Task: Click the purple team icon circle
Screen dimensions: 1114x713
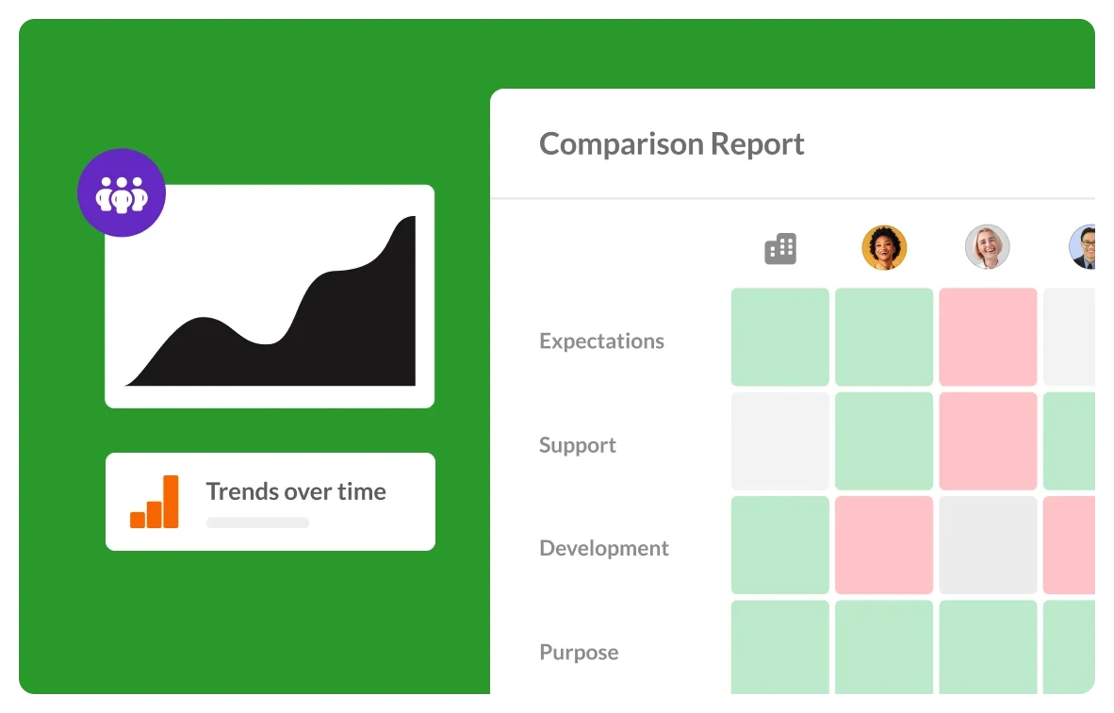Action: [x=122, y=192]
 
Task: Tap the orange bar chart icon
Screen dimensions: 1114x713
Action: [x=155, y=502]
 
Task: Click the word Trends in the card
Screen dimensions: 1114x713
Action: [x=238, y=491]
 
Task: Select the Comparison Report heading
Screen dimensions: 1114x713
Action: [x=671, y=143]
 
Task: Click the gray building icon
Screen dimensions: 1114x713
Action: [x=780, y=249]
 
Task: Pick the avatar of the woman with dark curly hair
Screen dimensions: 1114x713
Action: [x=884, y=247]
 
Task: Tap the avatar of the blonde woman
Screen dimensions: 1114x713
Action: [x=988, y=247]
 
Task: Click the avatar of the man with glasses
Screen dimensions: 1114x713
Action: [x=1083, y=247]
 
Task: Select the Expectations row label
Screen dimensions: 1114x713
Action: [x=601, y=341]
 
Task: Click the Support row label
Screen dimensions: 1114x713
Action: [x=578, y=446]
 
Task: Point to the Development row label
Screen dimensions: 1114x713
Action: [x=604, y=548]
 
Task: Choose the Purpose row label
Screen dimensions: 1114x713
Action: [x=579, y=652]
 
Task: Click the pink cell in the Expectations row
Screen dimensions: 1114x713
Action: [x=988, y=337]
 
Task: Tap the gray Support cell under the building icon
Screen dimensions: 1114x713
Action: [x=780, y=440]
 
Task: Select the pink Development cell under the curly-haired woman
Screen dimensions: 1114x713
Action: [x=884, y=545]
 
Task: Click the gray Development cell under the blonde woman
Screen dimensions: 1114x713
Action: [x=988, y=545]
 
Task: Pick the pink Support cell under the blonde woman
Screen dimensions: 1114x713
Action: [x=988, y=440]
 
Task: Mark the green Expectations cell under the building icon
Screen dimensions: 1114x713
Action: [x=780, y=337]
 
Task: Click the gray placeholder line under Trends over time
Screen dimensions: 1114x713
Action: [x=258, y=522]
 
